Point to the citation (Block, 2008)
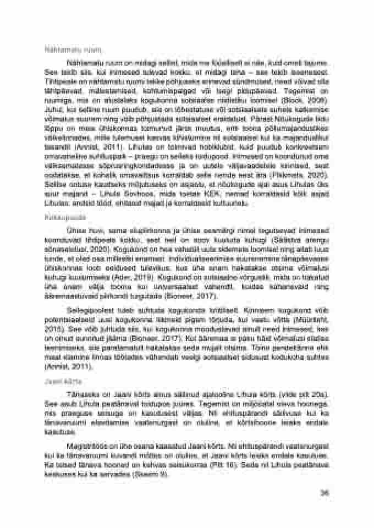click(311, 102)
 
